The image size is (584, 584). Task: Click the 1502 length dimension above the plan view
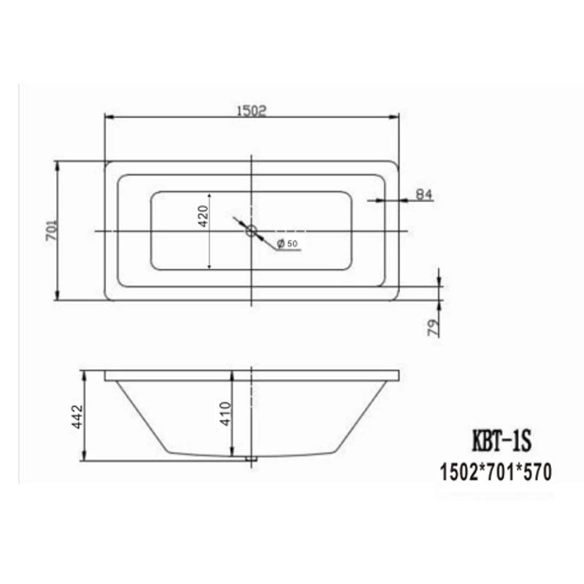tap(252, 111)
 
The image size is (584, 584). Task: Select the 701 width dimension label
tap(52, 230)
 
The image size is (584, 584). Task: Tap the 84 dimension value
tap(423, 194)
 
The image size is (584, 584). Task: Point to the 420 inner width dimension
tap(203, 216)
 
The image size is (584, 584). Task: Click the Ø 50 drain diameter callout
tap(288, 244)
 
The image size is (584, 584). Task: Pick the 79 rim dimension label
tap(433, 327)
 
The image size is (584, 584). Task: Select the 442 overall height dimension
tap(77, 417)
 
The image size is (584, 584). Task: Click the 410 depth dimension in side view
tap(226, 414)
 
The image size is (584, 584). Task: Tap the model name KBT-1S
tap(502, 441)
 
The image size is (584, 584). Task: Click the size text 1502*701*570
tap(496, 472)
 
